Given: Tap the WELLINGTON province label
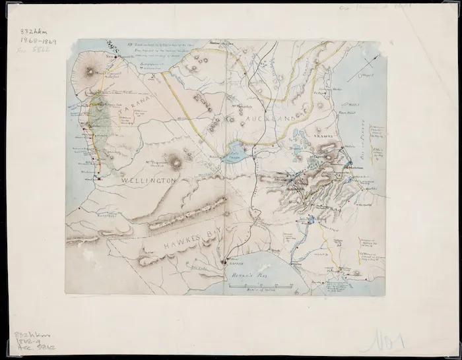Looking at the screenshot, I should click(x=147, y=179).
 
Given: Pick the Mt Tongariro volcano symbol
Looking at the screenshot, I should click(x=176, y=159).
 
